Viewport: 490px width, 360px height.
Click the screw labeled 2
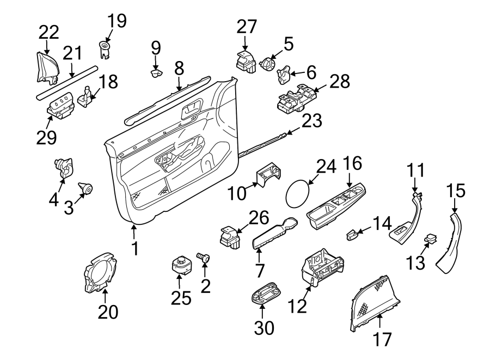204,257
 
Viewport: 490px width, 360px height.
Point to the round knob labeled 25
180,265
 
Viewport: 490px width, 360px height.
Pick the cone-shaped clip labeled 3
86,188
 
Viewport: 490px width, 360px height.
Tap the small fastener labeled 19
104,47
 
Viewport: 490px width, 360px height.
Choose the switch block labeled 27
247,61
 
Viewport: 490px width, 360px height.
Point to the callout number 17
383,340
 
